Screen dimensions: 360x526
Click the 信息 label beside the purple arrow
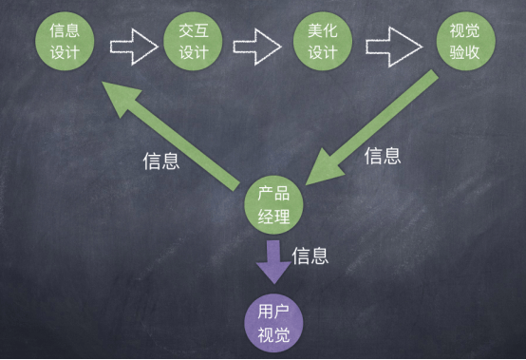coord(310,255)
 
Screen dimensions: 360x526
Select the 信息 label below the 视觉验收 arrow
coord(383,156)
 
